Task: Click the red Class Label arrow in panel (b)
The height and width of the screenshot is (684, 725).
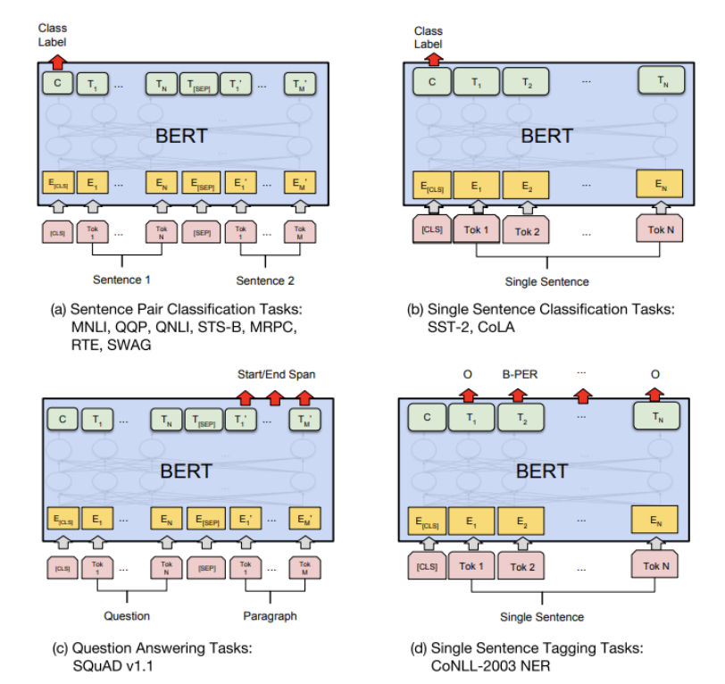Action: pyautogui.click(x=434, y=59)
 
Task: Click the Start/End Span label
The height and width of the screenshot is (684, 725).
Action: pyautogui.click(x=276, y=372)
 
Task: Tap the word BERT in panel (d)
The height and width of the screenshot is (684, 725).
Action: pyautogui.click(x=541, y=471)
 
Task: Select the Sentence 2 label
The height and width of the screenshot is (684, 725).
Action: pyautogui.click(x=265, y=280)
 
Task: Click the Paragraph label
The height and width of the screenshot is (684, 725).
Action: pyautogui.click(x=270, y=616)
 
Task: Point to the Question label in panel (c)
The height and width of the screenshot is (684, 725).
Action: pyautogui.click(x=127, y=616)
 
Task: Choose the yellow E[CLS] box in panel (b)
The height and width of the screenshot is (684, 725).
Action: pyautogui.click(x=433, y=185)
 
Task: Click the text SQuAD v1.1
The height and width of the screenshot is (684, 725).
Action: pyautogui.click(x=113, y=663)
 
